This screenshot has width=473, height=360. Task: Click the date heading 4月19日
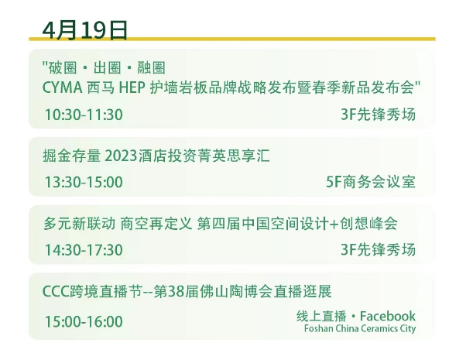[84, 30]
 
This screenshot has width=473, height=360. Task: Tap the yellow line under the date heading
[232, 39]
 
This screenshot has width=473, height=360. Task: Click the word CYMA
[62, 87]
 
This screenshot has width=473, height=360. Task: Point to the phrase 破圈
[63, 67]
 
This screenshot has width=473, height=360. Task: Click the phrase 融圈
[151, 67]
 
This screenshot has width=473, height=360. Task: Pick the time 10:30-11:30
[84, 115]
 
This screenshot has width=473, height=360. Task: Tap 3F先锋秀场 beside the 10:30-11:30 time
[378, 115]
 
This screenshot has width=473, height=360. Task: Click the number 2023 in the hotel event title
[121, 156]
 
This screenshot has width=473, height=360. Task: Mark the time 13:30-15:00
[84, 182]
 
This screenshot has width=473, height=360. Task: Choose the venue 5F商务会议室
[371, 182]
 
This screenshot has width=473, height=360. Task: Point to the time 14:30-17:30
[84, 250]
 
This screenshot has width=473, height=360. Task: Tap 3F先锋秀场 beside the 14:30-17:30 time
[378, 249]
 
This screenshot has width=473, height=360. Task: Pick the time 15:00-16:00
[84, 321]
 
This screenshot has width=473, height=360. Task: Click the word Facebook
[388, 316]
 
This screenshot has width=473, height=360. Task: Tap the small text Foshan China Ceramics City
[360, 328]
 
